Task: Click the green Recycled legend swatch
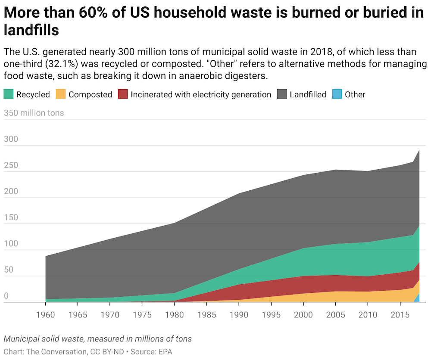[9, 94]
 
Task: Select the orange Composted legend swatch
[61, 94]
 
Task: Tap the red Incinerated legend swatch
[123, 94]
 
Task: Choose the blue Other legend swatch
[337, 94]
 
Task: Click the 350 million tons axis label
[34, 113]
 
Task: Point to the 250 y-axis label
[12, 165]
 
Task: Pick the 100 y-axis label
[12, 244]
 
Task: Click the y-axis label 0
[6, 296]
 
